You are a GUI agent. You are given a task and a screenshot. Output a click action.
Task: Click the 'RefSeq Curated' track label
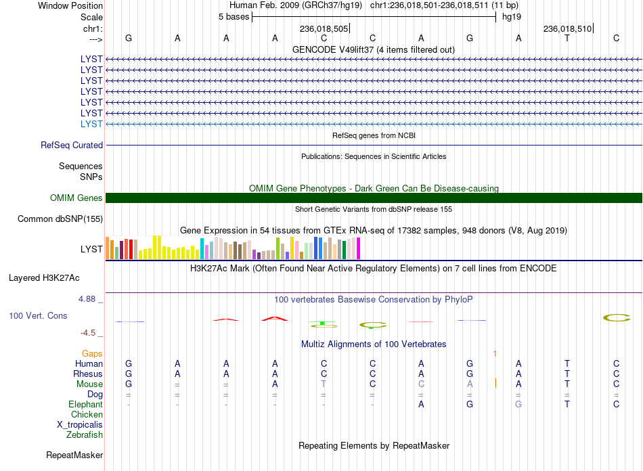pos(72,145)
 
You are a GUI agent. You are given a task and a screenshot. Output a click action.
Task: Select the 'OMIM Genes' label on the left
pos(76,198)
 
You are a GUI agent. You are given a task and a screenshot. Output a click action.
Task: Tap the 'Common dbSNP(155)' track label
pos(60,219)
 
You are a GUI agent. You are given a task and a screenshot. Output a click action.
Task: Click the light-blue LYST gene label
pos(91,125)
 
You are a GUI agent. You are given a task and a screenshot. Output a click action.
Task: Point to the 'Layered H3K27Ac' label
pos(44,278)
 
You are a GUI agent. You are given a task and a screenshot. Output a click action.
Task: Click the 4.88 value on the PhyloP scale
pos(87,299)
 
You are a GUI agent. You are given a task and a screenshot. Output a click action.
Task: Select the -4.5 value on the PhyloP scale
pos(88,333)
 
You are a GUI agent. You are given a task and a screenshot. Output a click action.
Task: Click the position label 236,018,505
pos(324,28)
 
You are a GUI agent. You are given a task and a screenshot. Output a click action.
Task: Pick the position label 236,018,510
pos(567,28)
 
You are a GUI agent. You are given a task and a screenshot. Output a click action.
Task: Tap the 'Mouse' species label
pos(89,384)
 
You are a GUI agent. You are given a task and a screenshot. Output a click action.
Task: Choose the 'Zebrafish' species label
pos(85,435)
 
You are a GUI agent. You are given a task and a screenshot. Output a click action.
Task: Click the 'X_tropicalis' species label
pos(80,425)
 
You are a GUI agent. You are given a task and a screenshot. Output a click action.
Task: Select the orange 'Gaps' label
pos(92,353)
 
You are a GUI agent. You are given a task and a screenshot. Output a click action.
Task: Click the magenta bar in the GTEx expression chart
pos(359,248)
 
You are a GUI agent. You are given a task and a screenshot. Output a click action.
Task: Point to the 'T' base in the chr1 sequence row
pos(567,38)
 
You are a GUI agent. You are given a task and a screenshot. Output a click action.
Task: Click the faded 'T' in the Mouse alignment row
pos(324,384)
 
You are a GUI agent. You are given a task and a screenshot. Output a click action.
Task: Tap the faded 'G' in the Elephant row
pos(518,404)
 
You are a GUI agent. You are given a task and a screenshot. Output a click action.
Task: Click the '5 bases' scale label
pos(234,17)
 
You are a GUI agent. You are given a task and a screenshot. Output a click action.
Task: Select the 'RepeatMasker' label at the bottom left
pos(74,455)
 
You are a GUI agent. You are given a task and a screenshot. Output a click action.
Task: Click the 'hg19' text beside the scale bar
pos(512,17)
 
